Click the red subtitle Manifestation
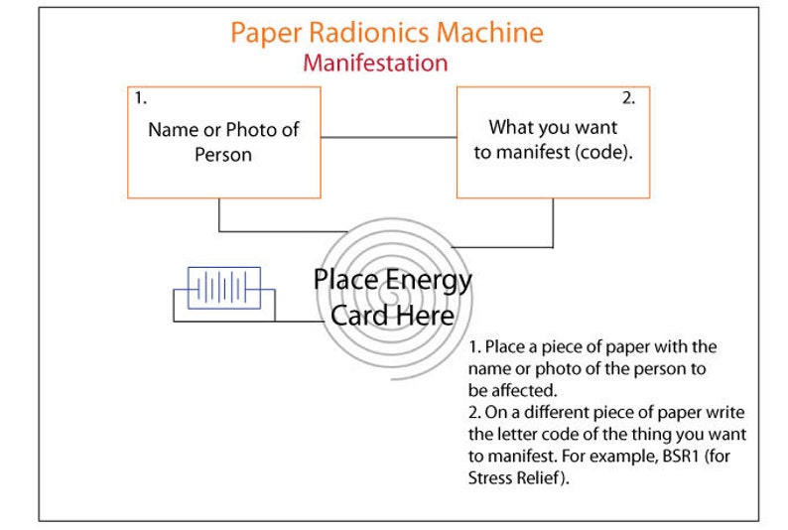point(375,64)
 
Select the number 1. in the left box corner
point(142,98)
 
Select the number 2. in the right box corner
point(627,98)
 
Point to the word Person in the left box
point(223,155)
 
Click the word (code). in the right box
point(602,153)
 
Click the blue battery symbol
point(223,288)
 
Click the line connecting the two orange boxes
point(388,137)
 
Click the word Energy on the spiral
point(430,280)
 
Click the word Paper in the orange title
point(265,32)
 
